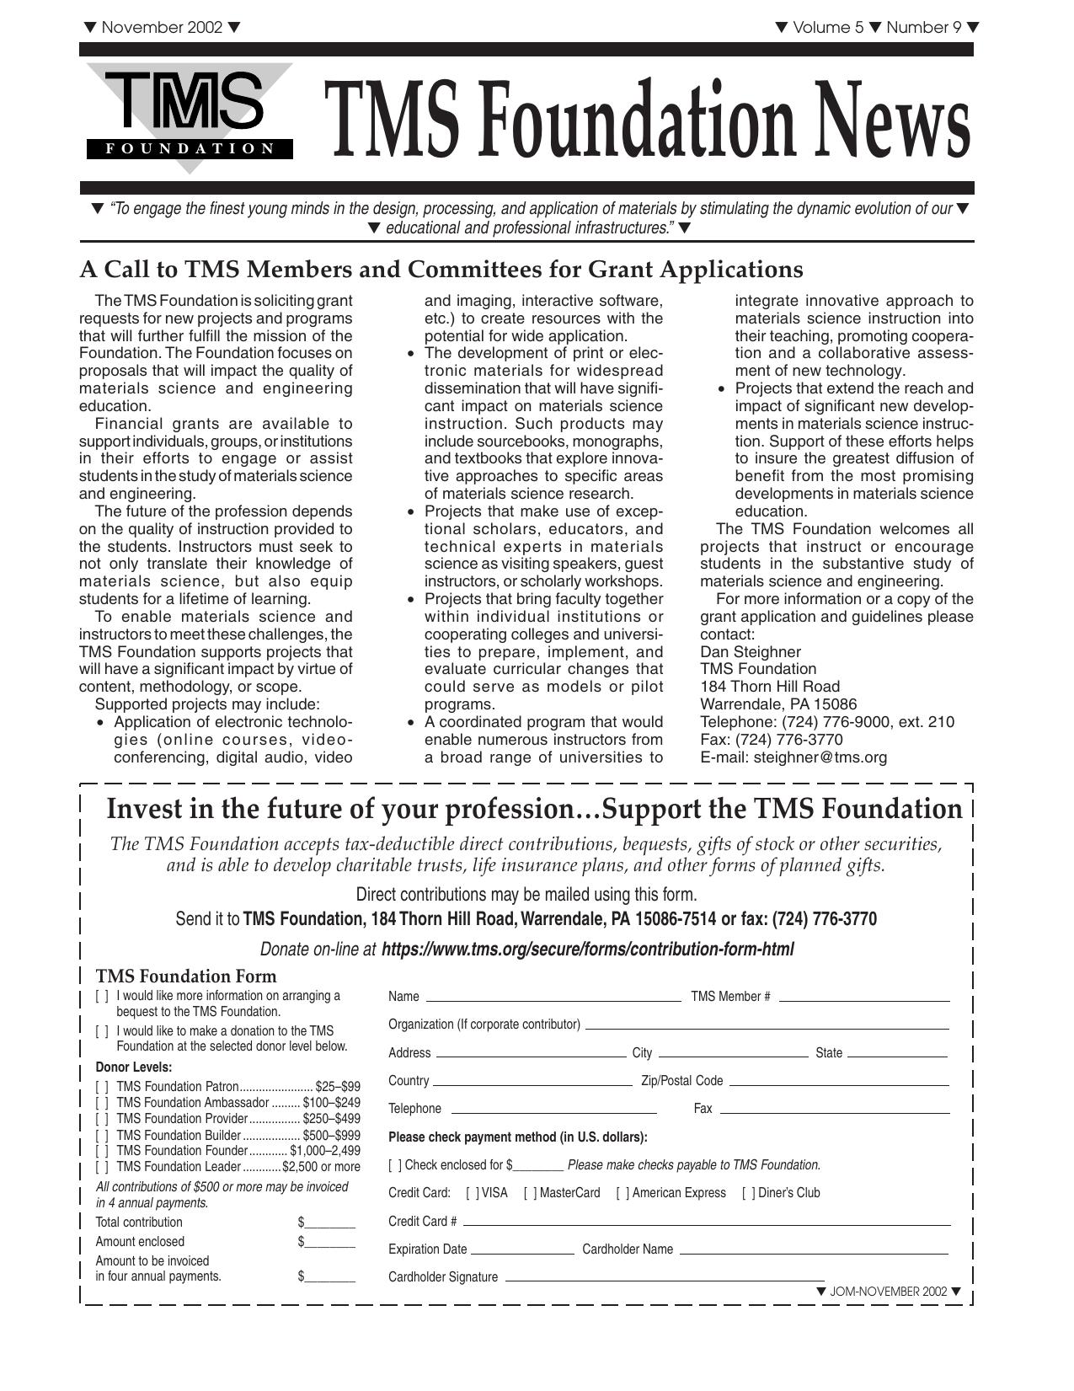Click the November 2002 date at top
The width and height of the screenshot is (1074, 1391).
162,27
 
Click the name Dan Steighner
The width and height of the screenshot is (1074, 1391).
751,652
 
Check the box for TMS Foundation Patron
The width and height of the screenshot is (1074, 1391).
102,1087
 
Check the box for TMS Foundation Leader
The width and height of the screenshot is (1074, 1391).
102,1167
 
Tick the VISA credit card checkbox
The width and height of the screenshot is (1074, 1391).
473,1193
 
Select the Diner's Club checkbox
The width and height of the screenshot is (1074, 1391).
748,1193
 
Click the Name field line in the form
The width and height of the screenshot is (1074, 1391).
553,999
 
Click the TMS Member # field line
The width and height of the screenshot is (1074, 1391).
864,999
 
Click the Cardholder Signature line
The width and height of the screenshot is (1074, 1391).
664,1280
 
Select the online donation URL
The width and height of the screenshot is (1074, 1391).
587,950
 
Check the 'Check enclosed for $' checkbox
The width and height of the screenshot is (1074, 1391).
394,1165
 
